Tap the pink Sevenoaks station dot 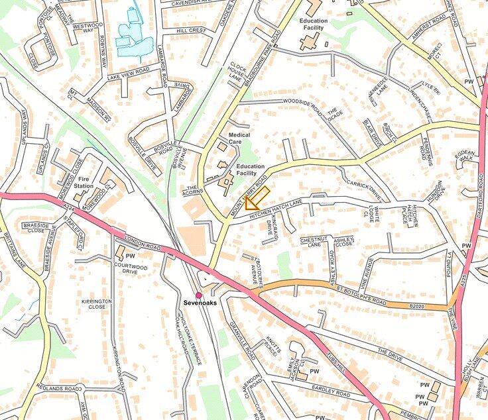point(198,295)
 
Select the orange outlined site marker point(257,198)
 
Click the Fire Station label point(84,182)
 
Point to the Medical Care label point(239,138)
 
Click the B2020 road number point(416,307)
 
